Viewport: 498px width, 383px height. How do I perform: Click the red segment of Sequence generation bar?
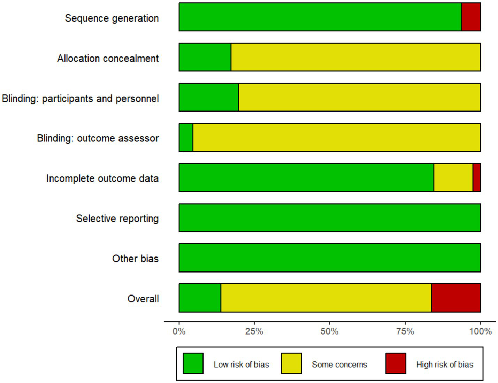471,17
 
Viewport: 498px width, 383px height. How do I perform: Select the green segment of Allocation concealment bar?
205,57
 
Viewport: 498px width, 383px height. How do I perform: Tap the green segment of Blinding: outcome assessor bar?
186,137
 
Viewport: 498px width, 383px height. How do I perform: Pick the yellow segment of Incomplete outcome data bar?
453,177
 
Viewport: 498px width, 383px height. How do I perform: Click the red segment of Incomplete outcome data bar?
476,177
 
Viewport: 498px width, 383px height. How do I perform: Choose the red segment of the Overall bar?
456,298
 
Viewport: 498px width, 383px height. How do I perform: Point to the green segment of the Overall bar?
200,298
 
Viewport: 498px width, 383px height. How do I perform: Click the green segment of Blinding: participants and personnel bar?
209,97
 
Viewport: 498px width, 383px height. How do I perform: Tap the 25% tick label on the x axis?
254,331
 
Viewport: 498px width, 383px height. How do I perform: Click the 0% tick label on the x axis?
179,331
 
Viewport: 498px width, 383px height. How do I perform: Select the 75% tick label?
405,331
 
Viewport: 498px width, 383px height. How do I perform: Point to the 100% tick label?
480,331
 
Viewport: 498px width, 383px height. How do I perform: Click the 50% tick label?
329,331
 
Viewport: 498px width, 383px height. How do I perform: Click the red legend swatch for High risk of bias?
396,363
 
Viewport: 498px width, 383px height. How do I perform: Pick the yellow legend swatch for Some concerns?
291,363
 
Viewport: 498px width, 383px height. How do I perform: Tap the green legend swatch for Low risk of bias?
193,363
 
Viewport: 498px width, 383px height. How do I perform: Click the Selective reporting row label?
117,219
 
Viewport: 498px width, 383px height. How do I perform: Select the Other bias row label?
135,259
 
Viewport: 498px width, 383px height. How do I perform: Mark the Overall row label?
143,299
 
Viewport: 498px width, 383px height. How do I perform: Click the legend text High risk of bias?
445,365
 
